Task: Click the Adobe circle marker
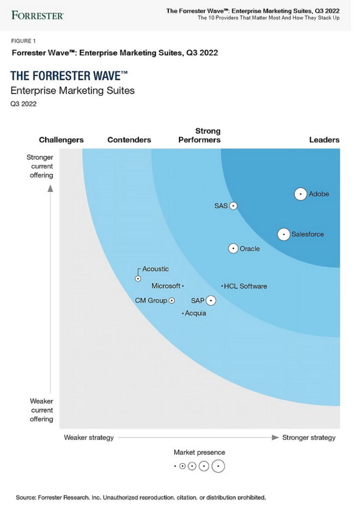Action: pyautogui.click(x=300, y=194)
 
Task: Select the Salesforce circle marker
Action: pyautogui.click(x=284, y=234)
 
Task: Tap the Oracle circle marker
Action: pyautogui.click(x=233, y=249)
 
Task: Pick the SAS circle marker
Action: pyautogui.click(x=233, y=206)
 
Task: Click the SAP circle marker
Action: pyautogui.click(x=211, y=300)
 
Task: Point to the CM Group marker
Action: pyautogui.click(x=172, y=300)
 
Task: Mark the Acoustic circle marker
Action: pyautogui.click(x=138, y=279)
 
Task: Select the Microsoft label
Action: pyautogui.click(x=166, y=286)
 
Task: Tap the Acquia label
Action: pyautogui.click(x=196, y=313)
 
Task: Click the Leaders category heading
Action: pyautogui.click(x=324, y=140)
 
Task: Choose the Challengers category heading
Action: pyautogui.click(x=61, y=140)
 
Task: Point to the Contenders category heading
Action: pyautogui.click(x=129, y=140)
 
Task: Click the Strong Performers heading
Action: pyautogui.click(x=199, y=135)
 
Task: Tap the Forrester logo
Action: pyautogui.click(x=37, y=15)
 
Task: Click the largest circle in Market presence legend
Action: pyautogui.click(x=218, y=466)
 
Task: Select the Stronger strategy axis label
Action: pyautogui.click(x=309, y=438)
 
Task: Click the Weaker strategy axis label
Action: pyautogui.click(x=89, y=437)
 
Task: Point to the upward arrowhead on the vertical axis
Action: pyautogui.click(x=50, y=189)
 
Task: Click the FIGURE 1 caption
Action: pyautogui.click(x=23, y=41)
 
